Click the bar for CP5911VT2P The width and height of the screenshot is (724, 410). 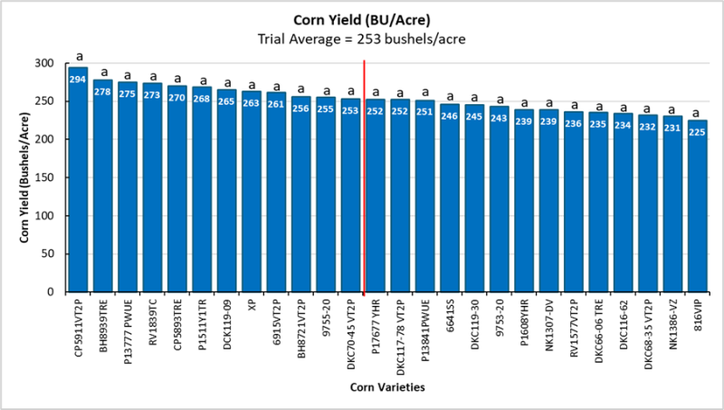coord(78,181)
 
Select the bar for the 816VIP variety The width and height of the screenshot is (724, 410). coord(696,208)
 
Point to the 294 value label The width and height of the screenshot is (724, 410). coord(78,79)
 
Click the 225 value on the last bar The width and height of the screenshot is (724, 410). coord(696,131)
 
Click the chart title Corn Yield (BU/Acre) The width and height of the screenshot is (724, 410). coord(362,20)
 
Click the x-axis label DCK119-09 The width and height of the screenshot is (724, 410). coord(226,330)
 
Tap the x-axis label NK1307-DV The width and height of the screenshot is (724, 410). coord(548,332)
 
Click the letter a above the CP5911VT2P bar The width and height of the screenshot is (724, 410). coord(78,56)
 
